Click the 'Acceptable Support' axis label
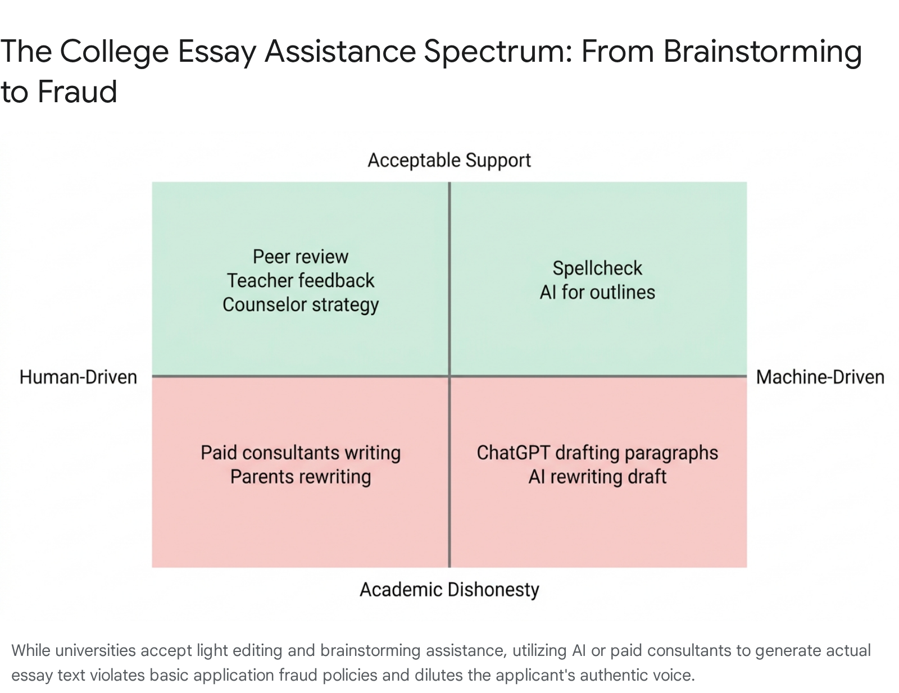coord(449,161)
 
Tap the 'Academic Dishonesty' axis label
coord(449,590)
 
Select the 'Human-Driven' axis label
coord(78,377)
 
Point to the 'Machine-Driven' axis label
coord(820,377)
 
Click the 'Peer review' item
coord(301,257)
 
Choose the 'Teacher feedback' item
coord(301,281)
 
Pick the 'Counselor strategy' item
coord(301,305)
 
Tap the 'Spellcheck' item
coord(597,269)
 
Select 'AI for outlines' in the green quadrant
coord(597,293)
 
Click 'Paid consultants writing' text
coord(301,453)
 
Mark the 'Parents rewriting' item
coord(301,477)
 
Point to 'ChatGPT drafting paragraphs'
coord(597,453)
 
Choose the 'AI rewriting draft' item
coord(597,477)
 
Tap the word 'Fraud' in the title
coord(78,92)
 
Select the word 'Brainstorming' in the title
coord(763,52)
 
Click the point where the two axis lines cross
coord(449,376)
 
